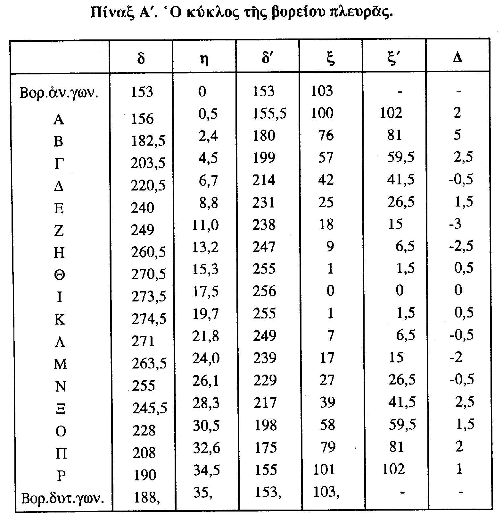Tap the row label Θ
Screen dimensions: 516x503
click(59, 275)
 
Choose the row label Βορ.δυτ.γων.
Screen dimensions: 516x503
click(62, 499)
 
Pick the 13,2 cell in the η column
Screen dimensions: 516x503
click(205, 247)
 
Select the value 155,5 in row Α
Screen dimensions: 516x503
click(269, 113)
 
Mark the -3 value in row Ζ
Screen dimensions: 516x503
click(455, 224)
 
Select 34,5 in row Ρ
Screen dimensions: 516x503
click(206, 470)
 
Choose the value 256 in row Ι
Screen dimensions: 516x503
click(264, 291)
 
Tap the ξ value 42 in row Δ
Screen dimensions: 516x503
click(326, 180)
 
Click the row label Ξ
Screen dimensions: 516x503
click(60, 409)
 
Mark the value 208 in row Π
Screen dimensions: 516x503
click(144, 453)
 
